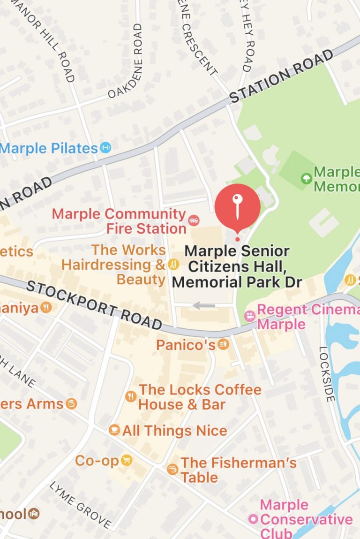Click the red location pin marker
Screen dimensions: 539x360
[x=237, y=207]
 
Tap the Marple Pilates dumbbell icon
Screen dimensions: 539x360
[x=105, y=148]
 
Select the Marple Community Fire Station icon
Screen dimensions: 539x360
[x=193, y=220]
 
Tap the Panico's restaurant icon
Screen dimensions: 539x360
[x=224, y=345]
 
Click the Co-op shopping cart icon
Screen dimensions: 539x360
[x=126, y=460]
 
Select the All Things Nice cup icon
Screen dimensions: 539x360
[x=114, y=430]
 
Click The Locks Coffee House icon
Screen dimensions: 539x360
[x=131, y=396]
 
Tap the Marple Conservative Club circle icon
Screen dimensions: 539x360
[x=253, y=519]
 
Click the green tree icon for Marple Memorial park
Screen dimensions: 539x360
[x=306, y=178]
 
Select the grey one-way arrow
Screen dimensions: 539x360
[x=204, y=306]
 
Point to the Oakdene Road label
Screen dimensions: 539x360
[x=125, y=61]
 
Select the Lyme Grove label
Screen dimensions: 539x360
[x=80, y=504]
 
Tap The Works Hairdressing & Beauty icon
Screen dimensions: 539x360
[x=173, y=265]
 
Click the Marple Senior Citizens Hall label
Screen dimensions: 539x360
[x=237, y=266]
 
